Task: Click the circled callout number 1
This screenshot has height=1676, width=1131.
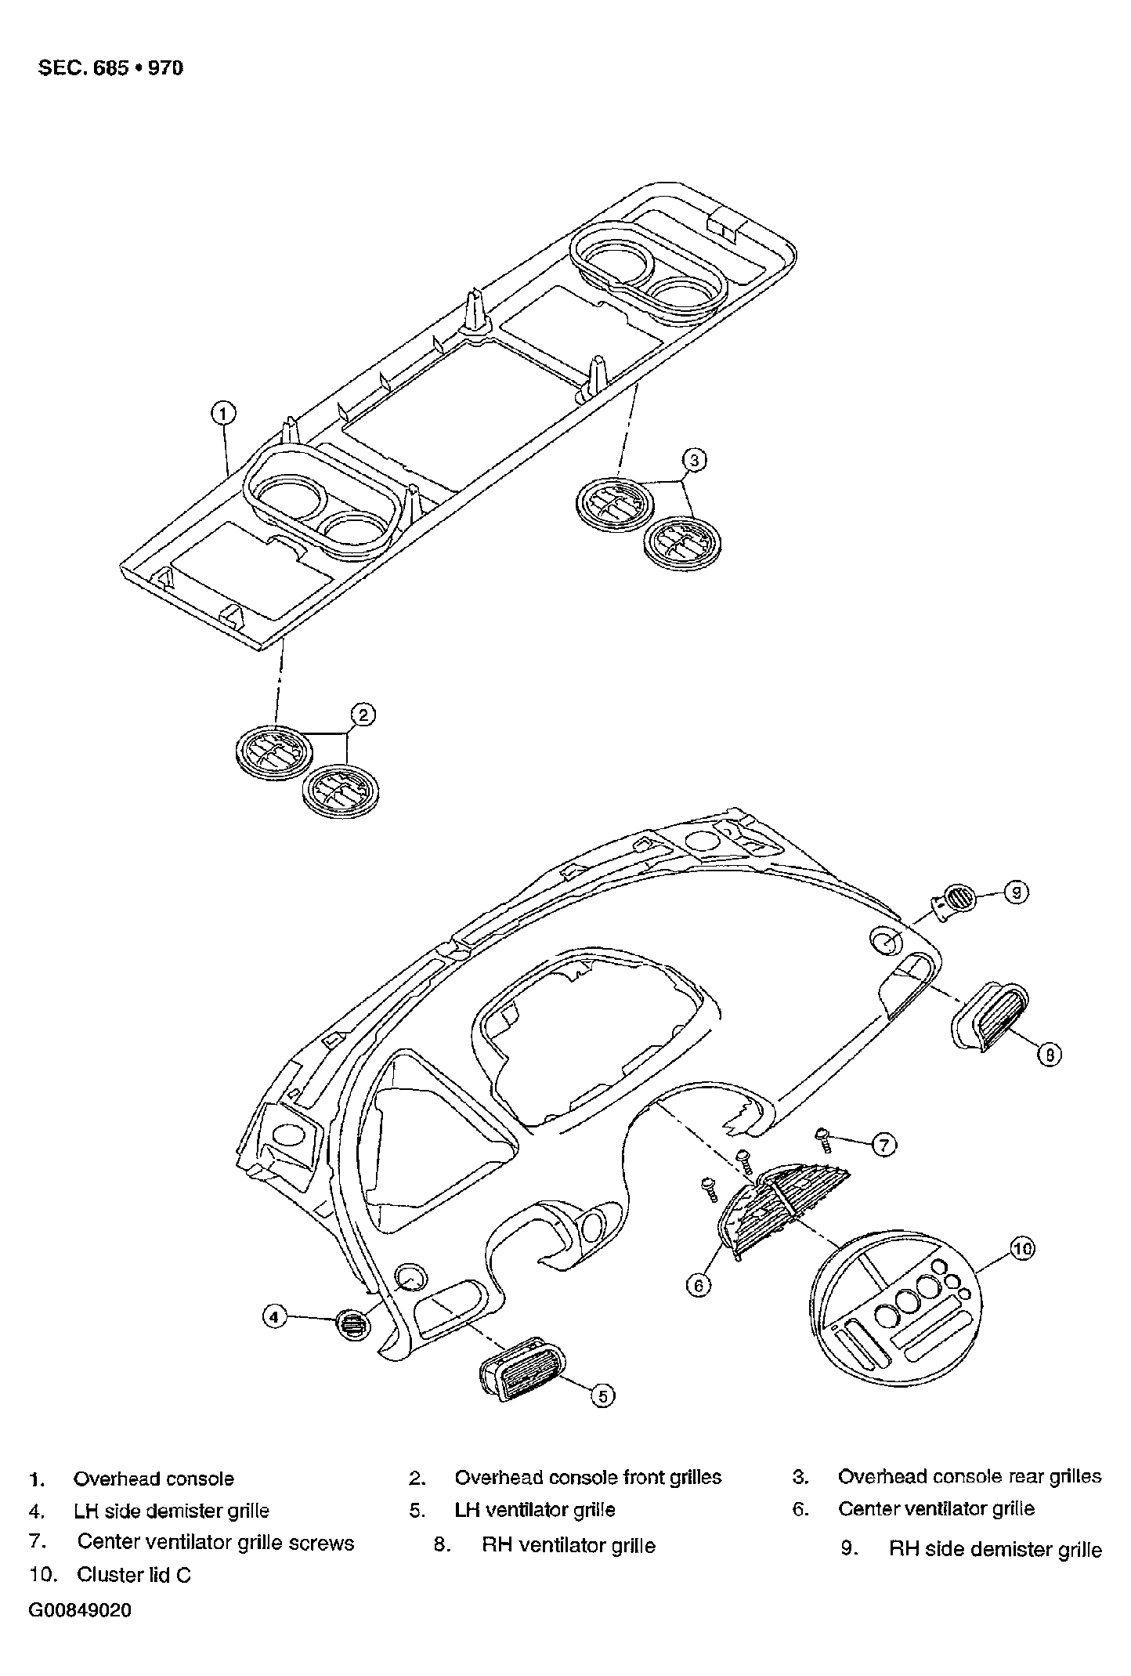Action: pos(223,412)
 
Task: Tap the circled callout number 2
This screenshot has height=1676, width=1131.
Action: pos(363,715)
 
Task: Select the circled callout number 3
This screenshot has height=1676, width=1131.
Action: pos(695,460)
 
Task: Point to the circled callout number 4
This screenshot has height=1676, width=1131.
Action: pos(274,1317)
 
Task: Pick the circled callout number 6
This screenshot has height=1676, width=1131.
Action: pos(699,1285)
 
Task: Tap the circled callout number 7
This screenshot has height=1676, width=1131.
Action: pos(884,1145)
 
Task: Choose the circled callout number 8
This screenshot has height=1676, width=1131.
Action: pos(1050,1055)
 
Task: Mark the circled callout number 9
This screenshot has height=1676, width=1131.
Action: pos(1016,892)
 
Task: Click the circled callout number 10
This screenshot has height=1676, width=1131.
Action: pos(1022,1248)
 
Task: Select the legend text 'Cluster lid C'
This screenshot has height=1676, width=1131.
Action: pos(134,1575)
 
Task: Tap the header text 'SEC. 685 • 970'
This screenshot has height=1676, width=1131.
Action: pos(111,67)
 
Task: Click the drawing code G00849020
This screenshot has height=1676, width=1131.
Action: pos(81,1610)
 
